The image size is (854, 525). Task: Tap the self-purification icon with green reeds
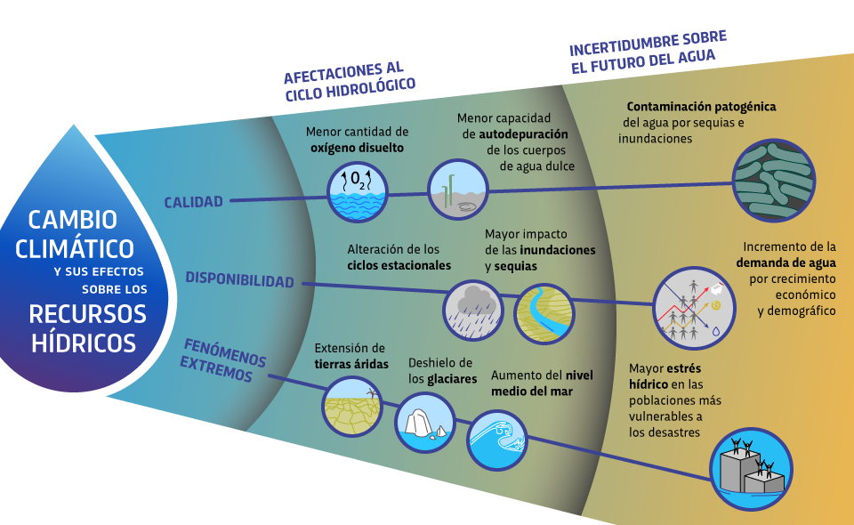(x=457, y=189)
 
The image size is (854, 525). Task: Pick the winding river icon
(x=544, y=312)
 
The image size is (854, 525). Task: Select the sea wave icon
(x=497, y=440)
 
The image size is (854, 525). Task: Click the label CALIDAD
(x=193, y=202)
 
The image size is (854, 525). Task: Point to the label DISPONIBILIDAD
(x=239, y=281)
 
